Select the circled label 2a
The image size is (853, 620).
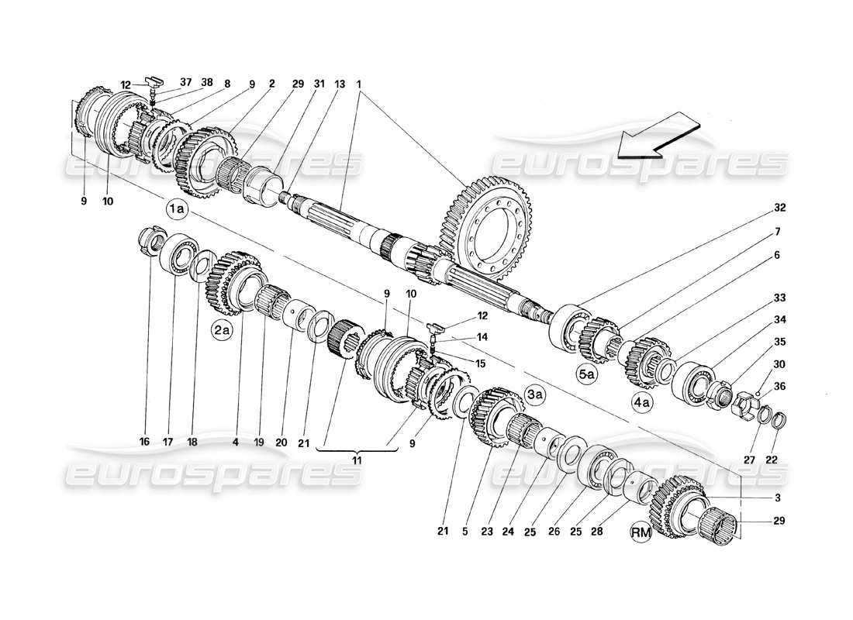pyautogui.click(x=222, y=331)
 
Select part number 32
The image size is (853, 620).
pyautogui.click(x=779, y=208)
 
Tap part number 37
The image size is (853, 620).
pyautogui.click(x=185, y=82)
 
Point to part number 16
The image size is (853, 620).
pyautogui.click(x=144, y=443)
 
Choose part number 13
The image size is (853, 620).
pyautogui.click(x=318, y=82)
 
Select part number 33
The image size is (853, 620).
pyautogui.click(x=779, y=297)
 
